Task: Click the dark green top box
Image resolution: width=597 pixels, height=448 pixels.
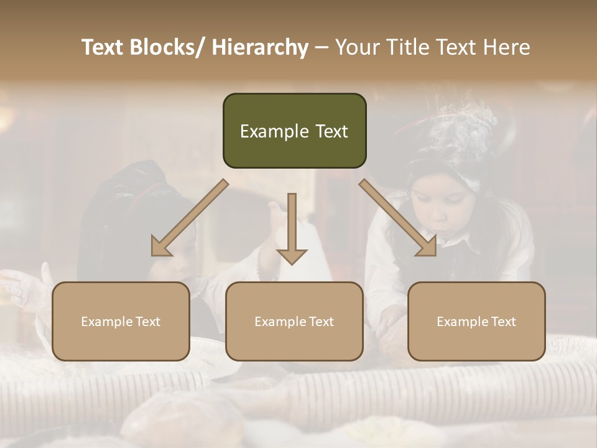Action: pos(294,131)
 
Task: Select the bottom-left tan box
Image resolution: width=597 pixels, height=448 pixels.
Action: pos(121,321)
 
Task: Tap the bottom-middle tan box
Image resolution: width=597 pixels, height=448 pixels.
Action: pos(294,321)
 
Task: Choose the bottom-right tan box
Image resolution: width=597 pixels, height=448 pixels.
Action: pos(476,321)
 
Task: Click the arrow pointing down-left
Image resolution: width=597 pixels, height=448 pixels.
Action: pos(190,218)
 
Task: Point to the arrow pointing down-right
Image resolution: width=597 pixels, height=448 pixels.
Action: pos(398,218)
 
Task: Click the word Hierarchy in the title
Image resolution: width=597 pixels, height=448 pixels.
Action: pos(259,48)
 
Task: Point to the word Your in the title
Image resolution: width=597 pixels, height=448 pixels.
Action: pos(358,48)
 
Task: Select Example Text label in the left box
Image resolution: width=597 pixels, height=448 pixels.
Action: pos(121,322)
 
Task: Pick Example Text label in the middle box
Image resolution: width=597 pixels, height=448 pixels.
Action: pos(294,322)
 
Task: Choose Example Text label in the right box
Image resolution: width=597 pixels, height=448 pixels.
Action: pos(476,322)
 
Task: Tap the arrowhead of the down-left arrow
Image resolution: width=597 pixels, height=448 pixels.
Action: pos(160,247)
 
